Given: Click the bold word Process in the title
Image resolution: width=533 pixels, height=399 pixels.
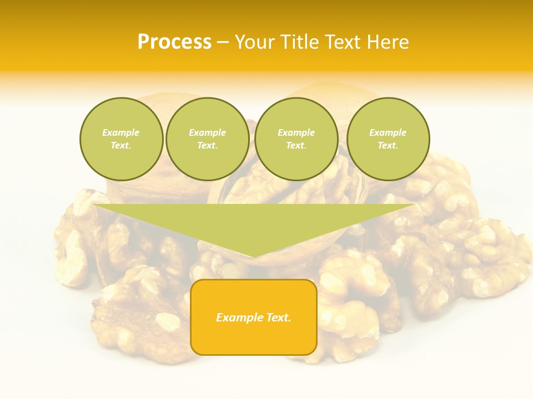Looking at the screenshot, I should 174,42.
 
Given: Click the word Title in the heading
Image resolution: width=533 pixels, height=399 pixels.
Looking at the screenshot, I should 297,42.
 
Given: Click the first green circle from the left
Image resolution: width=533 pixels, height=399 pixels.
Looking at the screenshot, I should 122,139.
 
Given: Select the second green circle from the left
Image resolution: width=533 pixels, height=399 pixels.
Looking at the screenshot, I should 208,139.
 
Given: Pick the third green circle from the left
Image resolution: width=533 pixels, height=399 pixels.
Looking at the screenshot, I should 296,139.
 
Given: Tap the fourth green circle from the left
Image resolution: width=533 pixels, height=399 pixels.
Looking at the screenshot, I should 388,139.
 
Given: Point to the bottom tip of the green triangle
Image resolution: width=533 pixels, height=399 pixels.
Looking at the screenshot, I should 254,257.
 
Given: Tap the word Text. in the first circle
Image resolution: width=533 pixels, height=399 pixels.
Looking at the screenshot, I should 121,146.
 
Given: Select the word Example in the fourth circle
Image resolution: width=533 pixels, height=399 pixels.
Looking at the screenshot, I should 388,132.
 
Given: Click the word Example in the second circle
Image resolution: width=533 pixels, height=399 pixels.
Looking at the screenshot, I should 208,132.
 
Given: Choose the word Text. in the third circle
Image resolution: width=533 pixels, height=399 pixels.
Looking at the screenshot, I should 296,146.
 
